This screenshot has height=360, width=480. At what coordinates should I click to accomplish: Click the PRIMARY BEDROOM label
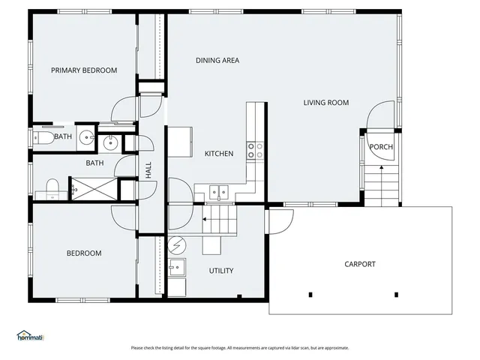click(x=84, y=70)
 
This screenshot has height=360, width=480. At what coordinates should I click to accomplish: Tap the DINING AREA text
click(x=217, y=61)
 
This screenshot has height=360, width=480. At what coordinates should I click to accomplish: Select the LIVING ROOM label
click(x=325, y=103)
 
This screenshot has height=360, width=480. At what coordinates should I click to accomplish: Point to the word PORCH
click(x=381, y=147)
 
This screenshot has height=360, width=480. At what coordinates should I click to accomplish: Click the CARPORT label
click(x=360, y=264)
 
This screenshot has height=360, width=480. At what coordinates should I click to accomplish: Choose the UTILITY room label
click(x=221, y=271)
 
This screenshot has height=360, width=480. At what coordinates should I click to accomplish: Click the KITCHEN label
click(x=219, y=154)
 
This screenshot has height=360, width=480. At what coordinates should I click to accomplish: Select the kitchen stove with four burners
click(x=256, y=150)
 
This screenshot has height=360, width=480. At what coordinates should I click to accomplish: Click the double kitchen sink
click(x=218, y=192)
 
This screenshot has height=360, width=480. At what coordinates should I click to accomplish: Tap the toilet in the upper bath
click(x=41, y=137)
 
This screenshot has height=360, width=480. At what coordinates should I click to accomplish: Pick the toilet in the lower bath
click(x=52, y=187)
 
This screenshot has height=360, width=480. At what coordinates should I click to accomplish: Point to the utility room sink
click(x=177, y=267)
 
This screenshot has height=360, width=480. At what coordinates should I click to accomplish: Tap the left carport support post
click(x=310, y=294)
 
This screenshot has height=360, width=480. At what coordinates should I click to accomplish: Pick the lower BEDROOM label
click(x=84, y=253)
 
